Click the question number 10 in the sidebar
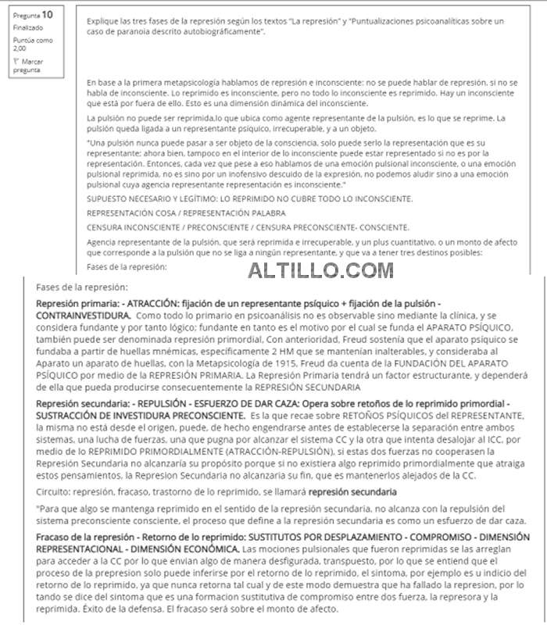pyautogui.click(x=47, y=14)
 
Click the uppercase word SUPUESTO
pyautogui.click(x=109, y=200)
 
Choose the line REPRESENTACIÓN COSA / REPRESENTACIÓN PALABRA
pyautogui.click(x=185, y=213)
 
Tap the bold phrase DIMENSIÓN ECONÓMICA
pyautogui.click(x=185, y=549)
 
